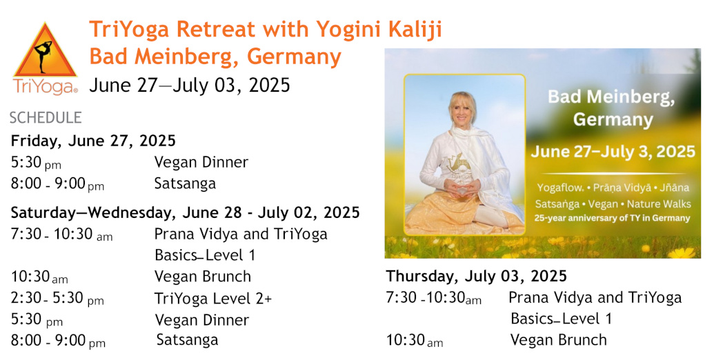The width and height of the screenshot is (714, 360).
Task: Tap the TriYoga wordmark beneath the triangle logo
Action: click(45, 86)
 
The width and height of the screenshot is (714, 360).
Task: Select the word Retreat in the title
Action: click(215, 30)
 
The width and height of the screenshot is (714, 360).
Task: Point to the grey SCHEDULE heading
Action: click(46, 118)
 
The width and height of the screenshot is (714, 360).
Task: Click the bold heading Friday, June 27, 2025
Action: click(93, 141)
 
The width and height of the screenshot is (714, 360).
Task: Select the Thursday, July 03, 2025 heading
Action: click(476, 277)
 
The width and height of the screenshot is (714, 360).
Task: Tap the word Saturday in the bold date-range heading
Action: click(46, 212)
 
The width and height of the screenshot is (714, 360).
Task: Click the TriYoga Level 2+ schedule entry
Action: click(213, 299)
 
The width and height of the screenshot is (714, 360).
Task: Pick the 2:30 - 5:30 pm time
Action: click(57, 299)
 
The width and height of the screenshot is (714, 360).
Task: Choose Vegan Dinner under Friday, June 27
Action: click(201, 163)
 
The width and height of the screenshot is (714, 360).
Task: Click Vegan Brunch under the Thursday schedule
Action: click(558, 340)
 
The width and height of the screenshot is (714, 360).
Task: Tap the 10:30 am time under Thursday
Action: click(415, 341)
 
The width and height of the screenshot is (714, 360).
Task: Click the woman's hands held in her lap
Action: click(463, 188)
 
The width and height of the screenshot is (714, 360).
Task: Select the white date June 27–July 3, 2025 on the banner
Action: click(613, 152)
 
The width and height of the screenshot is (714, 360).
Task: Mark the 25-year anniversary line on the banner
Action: click(613, 218)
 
